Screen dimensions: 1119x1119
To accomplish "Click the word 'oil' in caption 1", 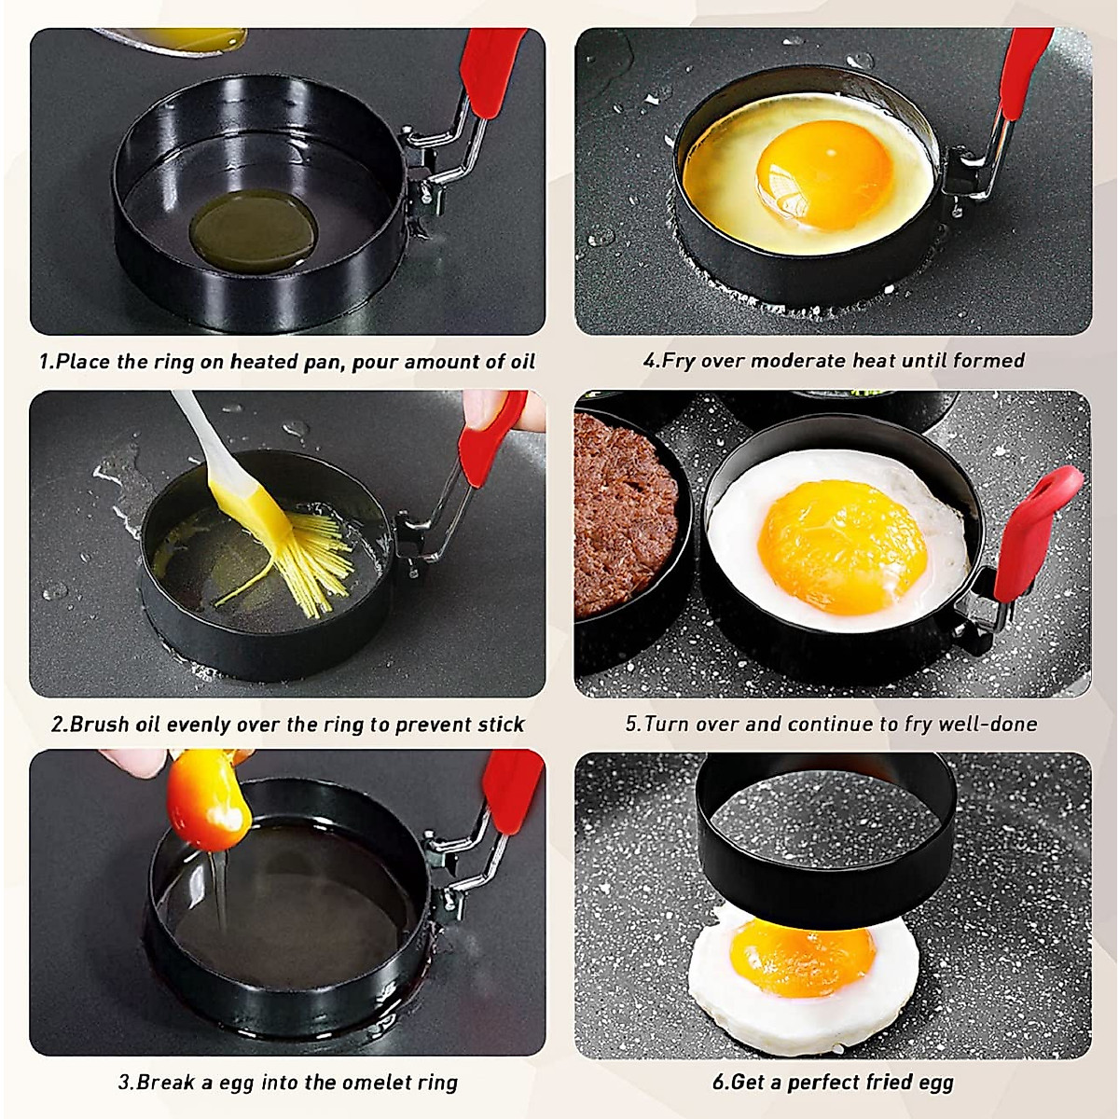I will pos(522,362).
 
